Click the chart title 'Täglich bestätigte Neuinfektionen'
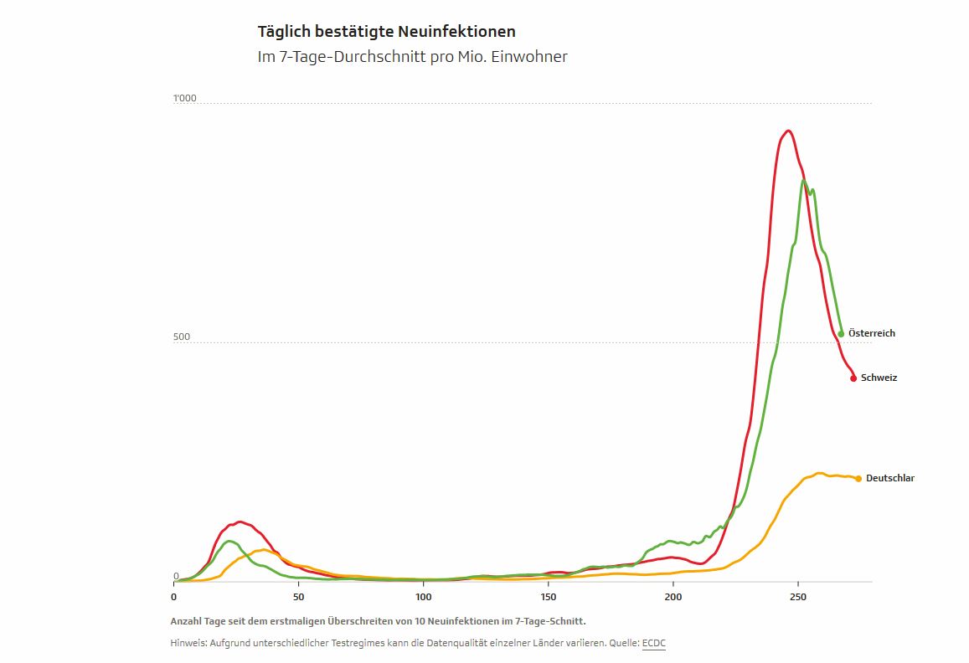pos(386,32)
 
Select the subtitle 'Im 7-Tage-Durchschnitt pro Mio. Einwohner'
pos(412,57)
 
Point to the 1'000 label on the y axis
pos(184,99)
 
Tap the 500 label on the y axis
pos(182,337)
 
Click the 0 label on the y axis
pos(176,576)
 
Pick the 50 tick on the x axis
pos(299,597)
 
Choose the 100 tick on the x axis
pos(424,597)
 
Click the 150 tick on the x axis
pos(549,597)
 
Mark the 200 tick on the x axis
pos(673,597)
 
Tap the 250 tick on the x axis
pos(798,597)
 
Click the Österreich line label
pos(872,333)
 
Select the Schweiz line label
pos(879,378)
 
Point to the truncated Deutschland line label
pos(889,478)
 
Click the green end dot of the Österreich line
pos(841,334)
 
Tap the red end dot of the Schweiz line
pos(853,378)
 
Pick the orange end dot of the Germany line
pos(858,479)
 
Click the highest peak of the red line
pos(788,131)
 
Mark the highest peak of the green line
pos(803,181)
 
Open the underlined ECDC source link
pos(653,642)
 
